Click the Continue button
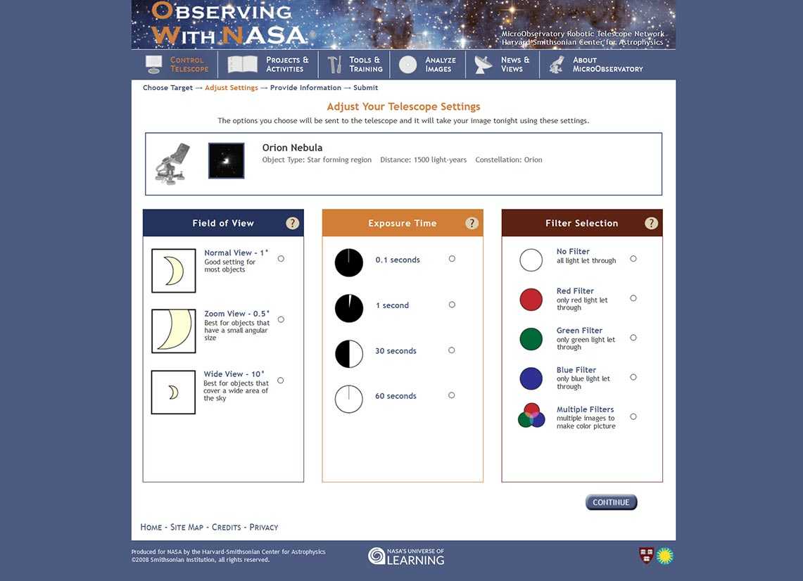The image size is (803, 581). (611, 502)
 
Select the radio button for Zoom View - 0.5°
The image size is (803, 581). (281, 319)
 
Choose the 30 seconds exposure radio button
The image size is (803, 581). (452, 350)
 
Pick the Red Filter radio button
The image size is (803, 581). (633, 298)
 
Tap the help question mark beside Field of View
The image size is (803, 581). (293, 223)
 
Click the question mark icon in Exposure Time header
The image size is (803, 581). (472, 223)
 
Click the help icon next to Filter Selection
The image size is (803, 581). (652, 223)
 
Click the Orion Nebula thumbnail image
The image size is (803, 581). (227, 160)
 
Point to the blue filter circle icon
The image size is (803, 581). (531, 378)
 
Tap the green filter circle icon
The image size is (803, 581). (531, 339)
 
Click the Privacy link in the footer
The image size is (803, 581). (264, 527)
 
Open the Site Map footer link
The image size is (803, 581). (186, 527)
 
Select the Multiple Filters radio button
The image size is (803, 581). (633, 416)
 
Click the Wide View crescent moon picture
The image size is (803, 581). (173, 392)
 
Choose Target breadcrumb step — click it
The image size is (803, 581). (167, 88)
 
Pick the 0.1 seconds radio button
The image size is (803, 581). (452, 259)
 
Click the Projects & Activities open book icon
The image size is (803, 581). (243, 65)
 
